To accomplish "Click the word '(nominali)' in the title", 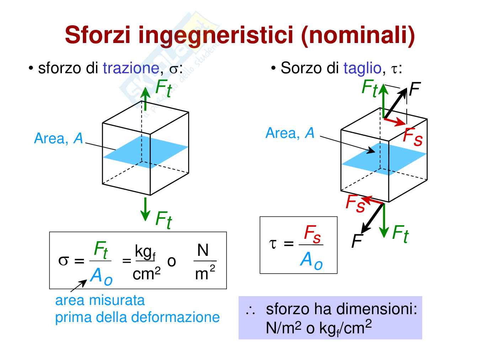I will [358, 35].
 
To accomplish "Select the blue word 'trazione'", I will [131, 68].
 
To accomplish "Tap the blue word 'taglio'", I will [362, 68].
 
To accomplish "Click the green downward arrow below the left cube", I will [145, 209].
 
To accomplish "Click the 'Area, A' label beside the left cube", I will [58, 139].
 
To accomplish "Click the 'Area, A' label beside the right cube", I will [290, 133].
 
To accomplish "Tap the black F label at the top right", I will [415, 89].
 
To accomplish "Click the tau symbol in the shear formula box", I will [273, 244].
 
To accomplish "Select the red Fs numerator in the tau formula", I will [312, 235].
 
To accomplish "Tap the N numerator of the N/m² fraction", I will [203, 251].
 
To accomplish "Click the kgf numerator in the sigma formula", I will [145, 251].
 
